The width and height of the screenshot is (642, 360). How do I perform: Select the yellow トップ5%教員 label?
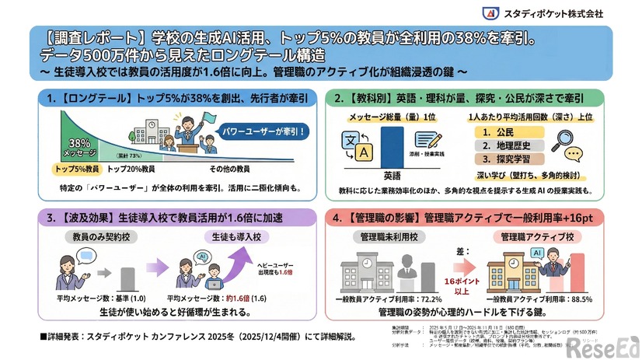point(77,169)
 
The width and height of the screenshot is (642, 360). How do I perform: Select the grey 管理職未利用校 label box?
point(386,235)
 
